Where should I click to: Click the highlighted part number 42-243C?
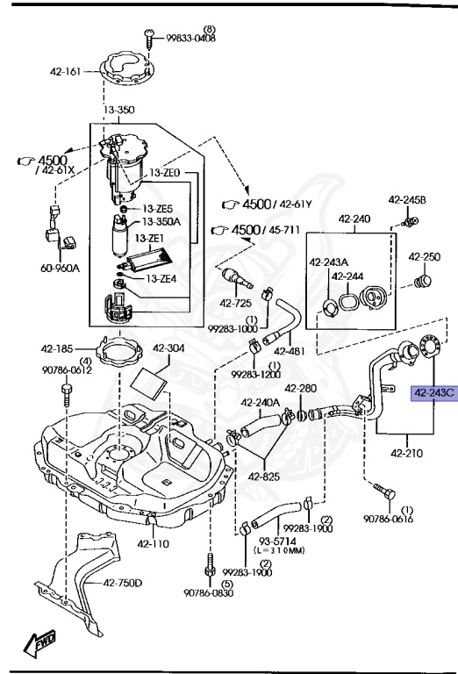click(433, 393)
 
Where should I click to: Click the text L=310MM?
click(279, 550)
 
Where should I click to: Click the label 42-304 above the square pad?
click(169, 347)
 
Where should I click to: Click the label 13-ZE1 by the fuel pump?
click(150, 238)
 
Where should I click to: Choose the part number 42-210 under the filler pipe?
click(404, 453)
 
